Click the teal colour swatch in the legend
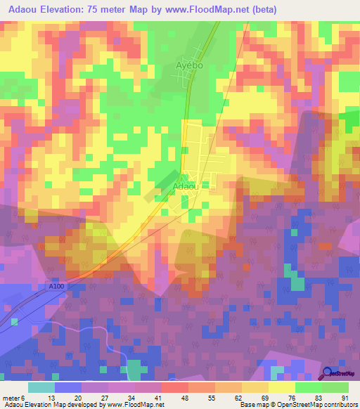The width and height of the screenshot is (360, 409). [x=41, y=387]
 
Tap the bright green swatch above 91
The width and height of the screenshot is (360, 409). [x=335, y=387]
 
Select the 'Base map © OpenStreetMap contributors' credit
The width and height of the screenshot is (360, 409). [x=297, y=405]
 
